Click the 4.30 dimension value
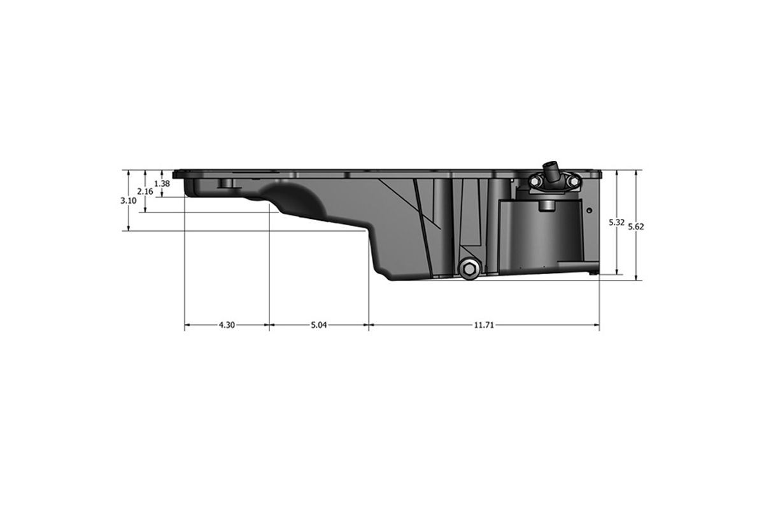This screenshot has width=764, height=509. click(x=227, y=325)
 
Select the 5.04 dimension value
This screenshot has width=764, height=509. click(x=318, y=325)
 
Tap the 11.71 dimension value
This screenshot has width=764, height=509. click(x=484, y=325)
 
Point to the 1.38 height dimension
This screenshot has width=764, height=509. click(x=162, y=183)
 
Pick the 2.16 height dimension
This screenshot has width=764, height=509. click(x=145, y=192)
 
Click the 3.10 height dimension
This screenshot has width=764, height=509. click(x=129, y=201)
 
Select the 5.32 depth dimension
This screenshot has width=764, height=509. click(x=617, y=223)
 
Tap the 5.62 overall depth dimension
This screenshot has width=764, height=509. click(x=636, y=227)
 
